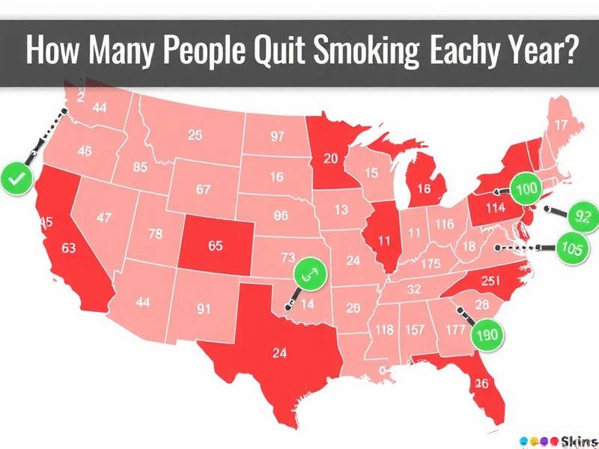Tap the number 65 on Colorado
(215, 245)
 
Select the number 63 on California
(70, 248)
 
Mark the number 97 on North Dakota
(278, 137)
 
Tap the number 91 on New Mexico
(202, 307)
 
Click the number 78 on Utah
(155, 233)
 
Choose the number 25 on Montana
(195, 135)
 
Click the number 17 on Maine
(560, 125)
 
